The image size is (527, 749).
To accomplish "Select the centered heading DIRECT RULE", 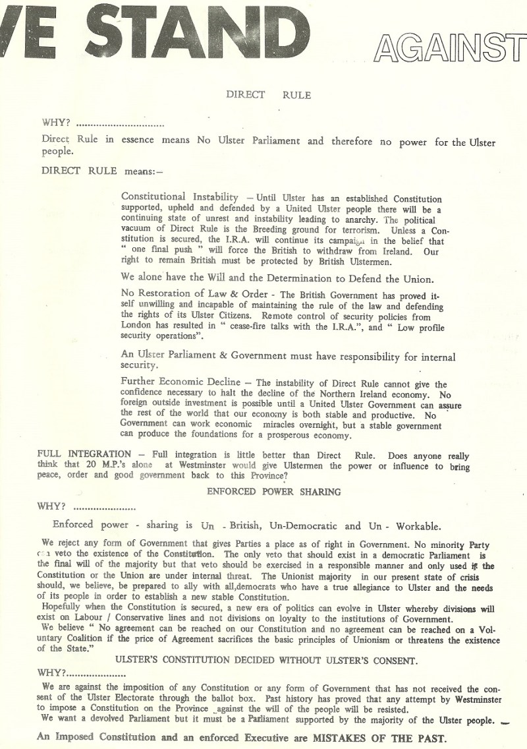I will (269, 94).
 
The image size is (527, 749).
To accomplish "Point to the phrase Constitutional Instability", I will (180, 198).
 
